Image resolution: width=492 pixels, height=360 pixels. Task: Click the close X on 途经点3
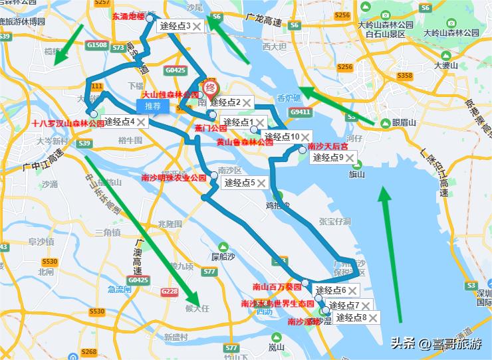[x=197, y=26]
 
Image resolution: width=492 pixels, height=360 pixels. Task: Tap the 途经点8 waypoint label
[x=351, y=317]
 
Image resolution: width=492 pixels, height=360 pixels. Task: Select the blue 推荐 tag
[x=152, y=106]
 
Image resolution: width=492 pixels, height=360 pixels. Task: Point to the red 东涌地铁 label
[x=128, y=17]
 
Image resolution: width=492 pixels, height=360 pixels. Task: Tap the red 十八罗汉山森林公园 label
[x=68, y=123]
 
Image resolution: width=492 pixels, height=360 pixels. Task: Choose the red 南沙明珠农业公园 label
[x=174, y=178]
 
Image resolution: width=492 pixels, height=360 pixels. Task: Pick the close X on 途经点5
[x=261, y=183]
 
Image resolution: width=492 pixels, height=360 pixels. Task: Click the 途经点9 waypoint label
[x=328, y=157]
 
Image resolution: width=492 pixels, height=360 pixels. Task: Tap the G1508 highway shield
[x=97, y=45]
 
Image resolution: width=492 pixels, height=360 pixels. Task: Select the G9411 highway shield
[x=300, y=112]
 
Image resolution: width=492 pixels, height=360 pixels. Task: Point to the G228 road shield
[x=170, y=292]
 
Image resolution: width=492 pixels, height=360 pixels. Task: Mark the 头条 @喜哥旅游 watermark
[x=435, y=343]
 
